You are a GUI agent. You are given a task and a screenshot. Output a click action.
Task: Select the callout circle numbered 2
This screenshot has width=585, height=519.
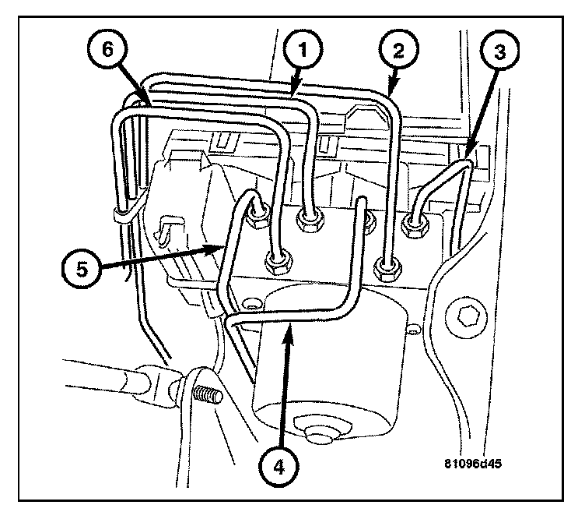[398, 52]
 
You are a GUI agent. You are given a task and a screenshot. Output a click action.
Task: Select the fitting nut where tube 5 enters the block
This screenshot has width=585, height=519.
[257, 220]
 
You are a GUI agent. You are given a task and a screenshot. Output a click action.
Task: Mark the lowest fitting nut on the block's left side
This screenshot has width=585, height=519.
[276, 262]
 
